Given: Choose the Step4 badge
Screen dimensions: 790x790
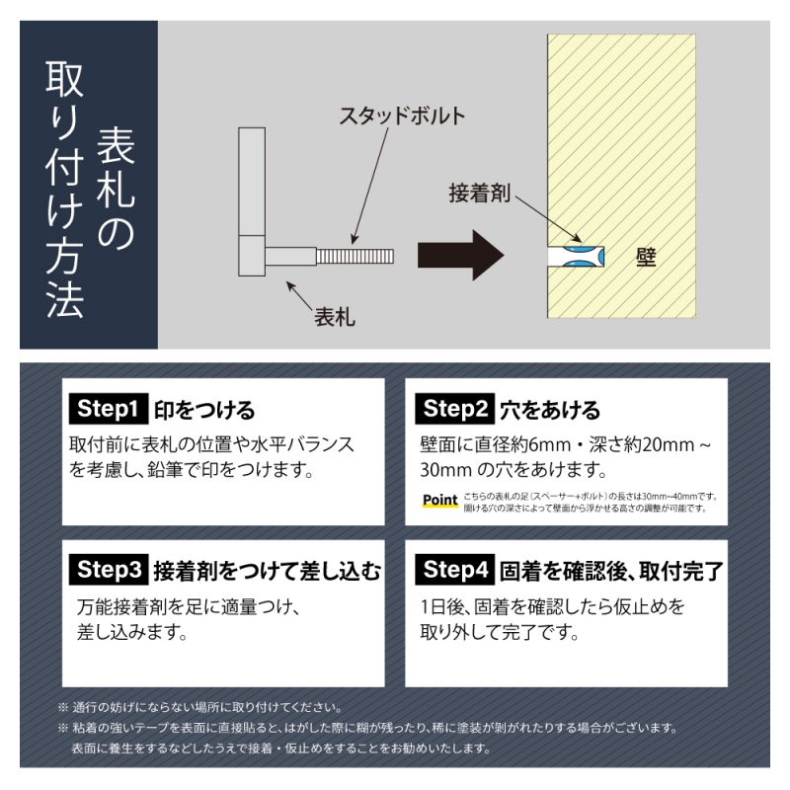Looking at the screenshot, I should point(452,570).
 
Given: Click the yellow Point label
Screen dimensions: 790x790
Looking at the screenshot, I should point(439,501).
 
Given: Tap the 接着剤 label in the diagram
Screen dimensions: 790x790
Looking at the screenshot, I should point(479,191).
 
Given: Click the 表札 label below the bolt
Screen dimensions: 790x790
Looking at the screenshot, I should point(335,318).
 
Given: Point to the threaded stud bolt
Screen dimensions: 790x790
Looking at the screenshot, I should point(355,256).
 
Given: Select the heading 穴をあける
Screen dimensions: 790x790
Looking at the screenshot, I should point(550,409).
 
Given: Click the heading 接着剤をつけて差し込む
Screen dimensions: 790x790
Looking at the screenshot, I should point(266,570).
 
